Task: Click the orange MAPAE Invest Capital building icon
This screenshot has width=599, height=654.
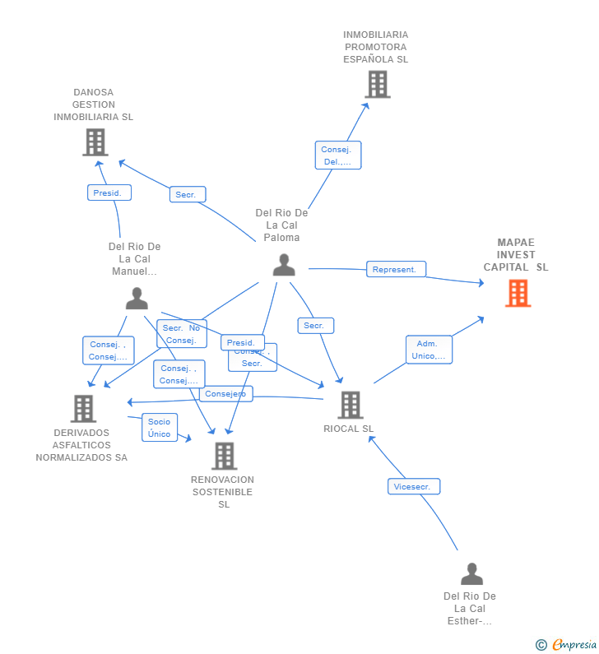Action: [x=518, y=293]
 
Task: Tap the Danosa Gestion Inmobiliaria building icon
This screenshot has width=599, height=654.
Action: [x=95, y=142]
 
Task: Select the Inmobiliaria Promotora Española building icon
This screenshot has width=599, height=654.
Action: [x=377, y=84]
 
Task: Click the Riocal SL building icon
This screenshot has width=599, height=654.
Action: [x=350, y=405]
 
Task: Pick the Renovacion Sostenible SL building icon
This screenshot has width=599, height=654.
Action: [x=224, y=456]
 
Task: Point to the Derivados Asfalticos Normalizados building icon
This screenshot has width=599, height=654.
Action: [x=83, y=408]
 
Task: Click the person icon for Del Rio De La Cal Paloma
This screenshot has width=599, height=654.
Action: [x=284, y=265]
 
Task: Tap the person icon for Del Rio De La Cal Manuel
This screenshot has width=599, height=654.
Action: [x=137, y=298]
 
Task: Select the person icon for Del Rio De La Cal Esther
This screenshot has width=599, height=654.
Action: [x=471, y=573]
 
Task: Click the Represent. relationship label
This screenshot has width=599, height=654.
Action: [x=396, y=269]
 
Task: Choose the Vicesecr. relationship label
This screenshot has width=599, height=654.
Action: [x=414, y=486]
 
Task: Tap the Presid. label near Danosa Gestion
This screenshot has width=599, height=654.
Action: [x=109, y=192]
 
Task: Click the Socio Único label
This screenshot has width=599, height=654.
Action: [x=160, y=428]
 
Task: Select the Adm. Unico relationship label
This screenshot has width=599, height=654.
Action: [x=429, y=350]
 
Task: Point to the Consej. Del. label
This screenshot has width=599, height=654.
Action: [x=337, y=155]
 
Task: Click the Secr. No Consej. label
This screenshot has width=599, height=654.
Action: [x=181, y=334]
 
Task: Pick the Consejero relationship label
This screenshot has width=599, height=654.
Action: [x=225, y=393]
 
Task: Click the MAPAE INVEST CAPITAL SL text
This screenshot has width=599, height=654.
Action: [x=516, y=255]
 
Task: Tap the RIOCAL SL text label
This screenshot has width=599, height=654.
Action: [x=349, y=429]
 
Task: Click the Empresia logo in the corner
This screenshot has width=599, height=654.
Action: [x=567, y=644]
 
